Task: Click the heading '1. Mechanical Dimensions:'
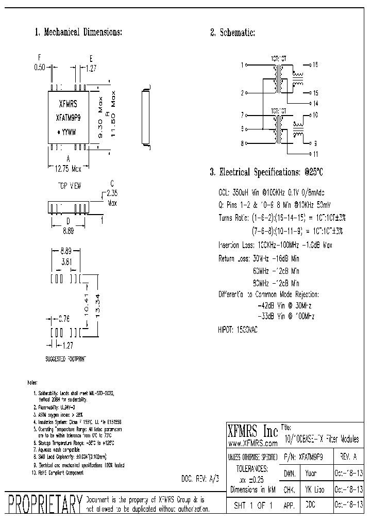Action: pyautogui.click(x=78, y=32)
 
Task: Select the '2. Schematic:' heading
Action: pyautogui.click(x=232, y=32)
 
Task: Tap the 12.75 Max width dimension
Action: pyautogui.click(x=68, y=168)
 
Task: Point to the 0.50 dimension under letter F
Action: pyautogui.click(x=40, y=67)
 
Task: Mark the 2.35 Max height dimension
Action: pyautogui.click(x=112, y=199)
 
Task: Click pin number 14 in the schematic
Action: pyautogui.click(x=316, y=104)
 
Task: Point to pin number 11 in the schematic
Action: pyautogui.click(x=316, y=154)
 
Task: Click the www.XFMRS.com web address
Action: pyautogui.click(x=252, y=443)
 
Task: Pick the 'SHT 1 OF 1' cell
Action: pyautogui.click(x=253, y=505)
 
